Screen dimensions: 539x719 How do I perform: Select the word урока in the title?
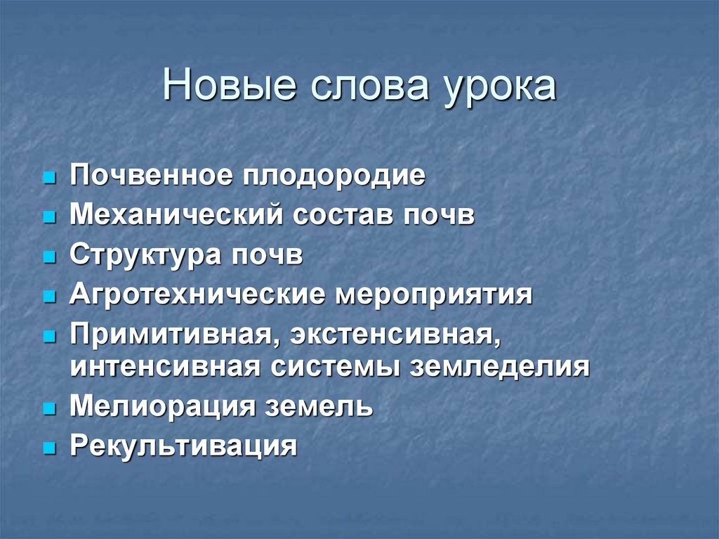coord(496,87)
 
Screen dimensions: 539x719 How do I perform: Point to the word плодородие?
coord(334,176)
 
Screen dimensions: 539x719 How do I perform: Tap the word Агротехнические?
coord(197,295)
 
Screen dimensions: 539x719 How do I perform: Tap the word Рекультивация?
coord(183,447)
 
